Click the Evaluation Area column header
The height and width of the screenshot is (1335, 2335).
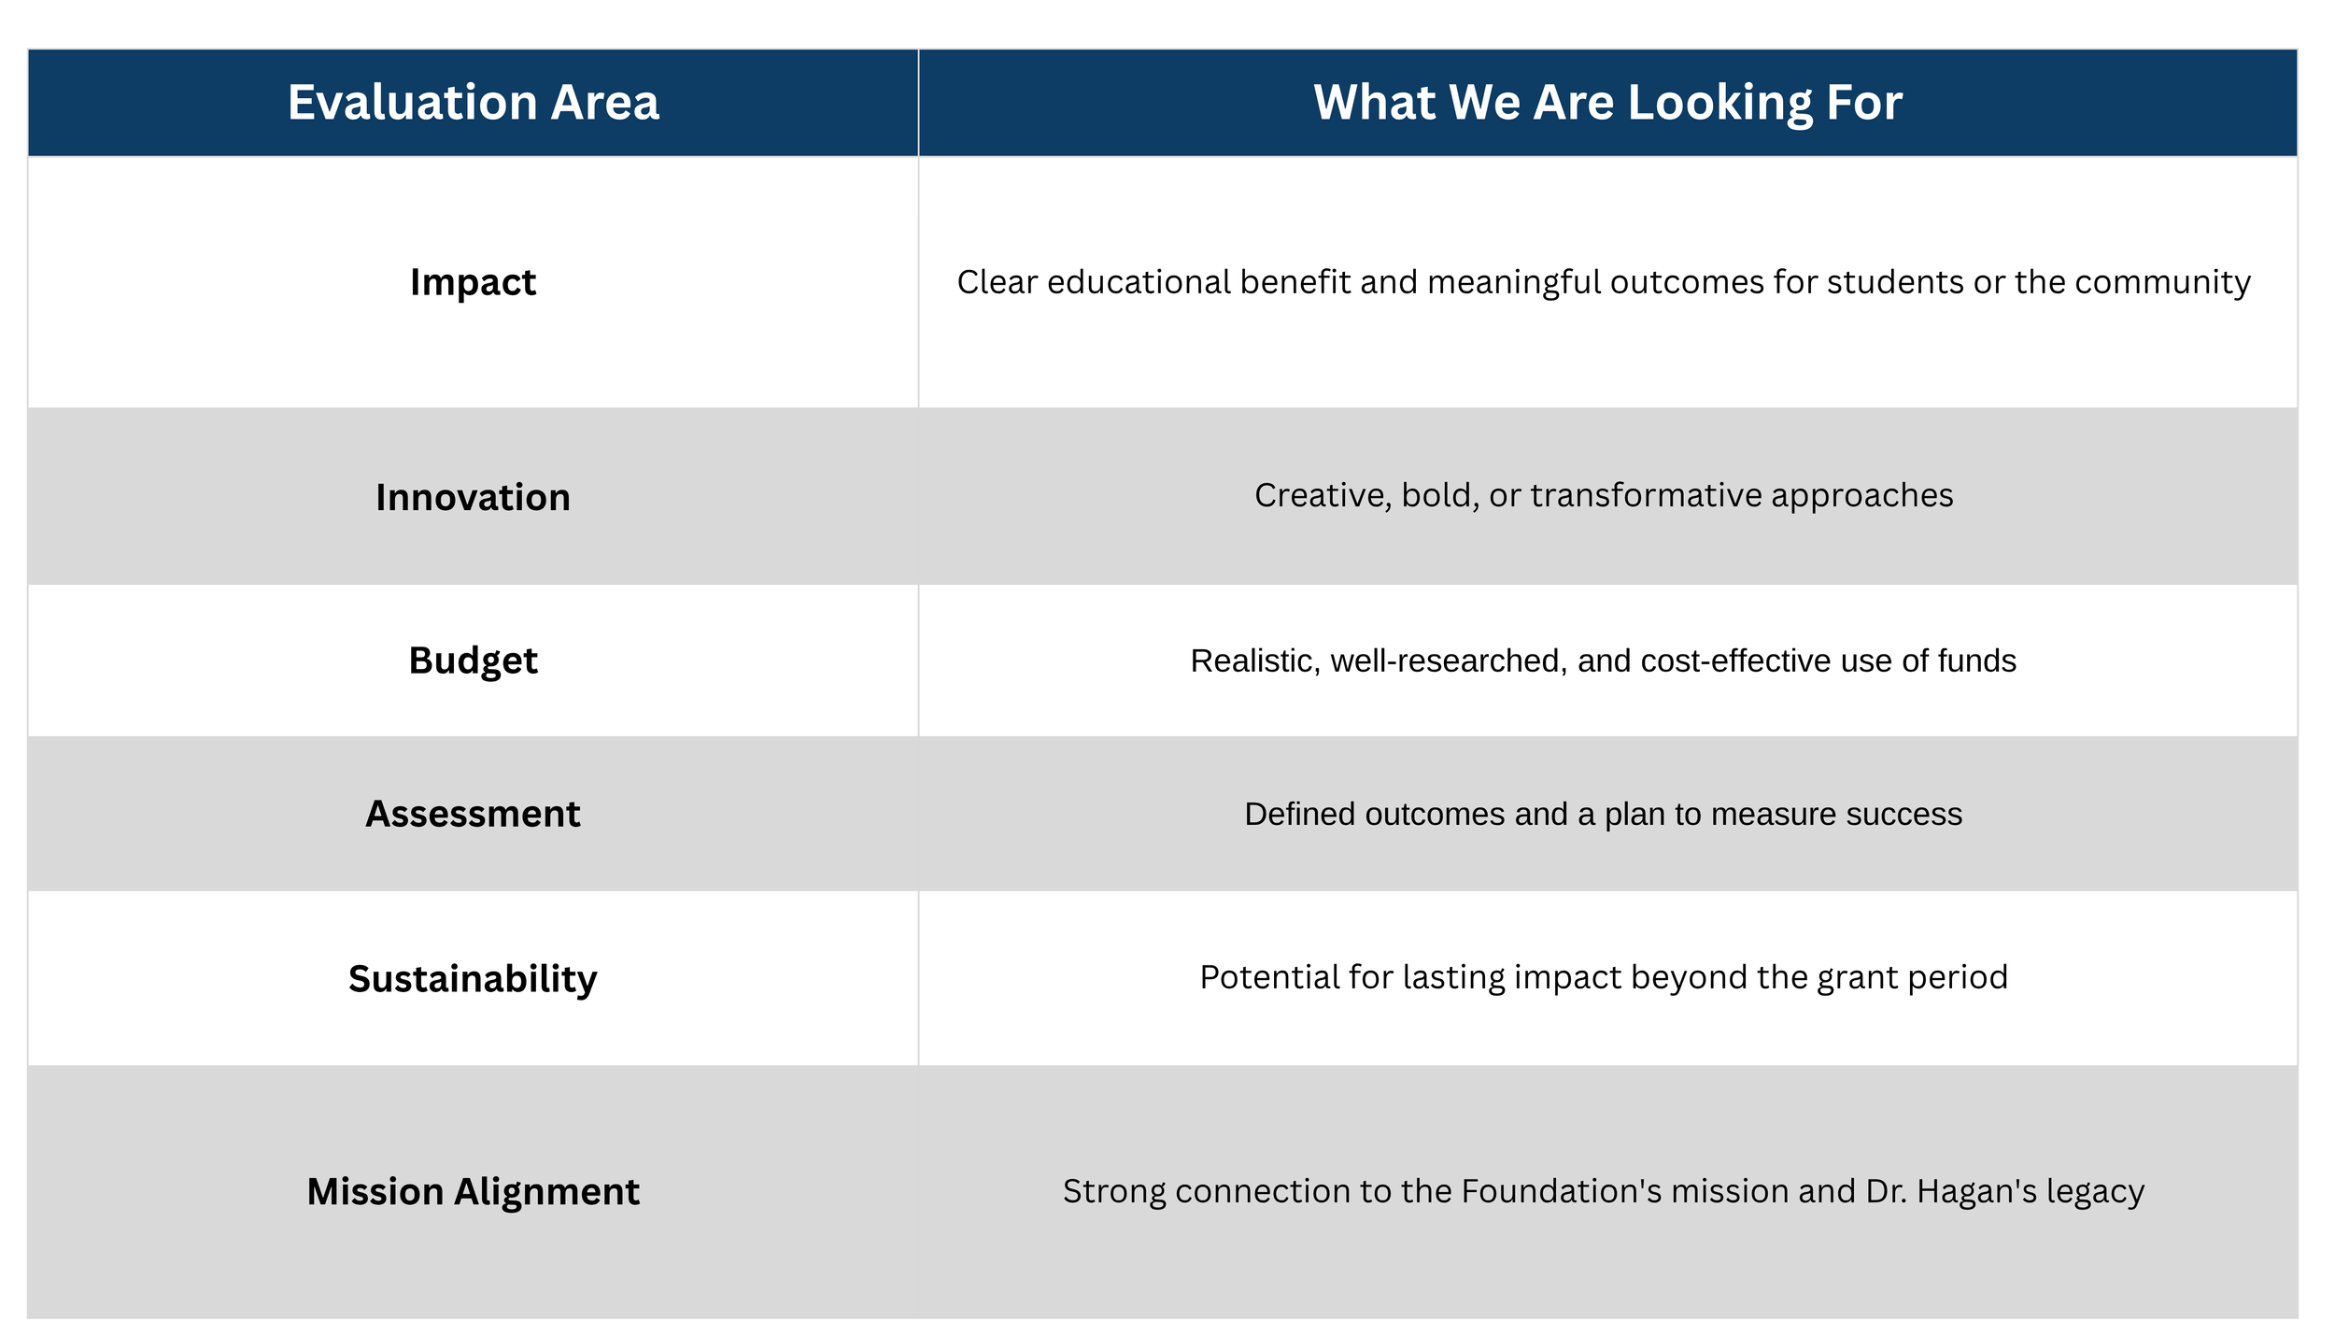pos(473,102)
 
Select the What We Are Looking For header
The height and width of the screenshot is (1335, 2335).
pos(1607,104)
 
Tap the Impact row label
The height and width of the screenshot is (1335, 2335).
pos(473,282)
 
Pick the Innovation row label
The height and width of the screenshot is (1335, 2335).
pos(473,497)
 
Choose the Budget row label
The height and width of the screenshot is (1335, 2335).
pos(473,661)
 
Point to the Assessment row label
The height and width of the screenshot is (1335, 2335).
pos(473,814)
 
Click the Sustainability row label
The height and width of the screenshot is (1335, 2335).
pos(473,979)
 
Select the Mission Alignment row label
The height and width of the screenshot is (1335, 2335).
pos(473,1192)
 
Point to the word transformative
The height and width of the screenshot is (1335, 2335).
pos(1646,495)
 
